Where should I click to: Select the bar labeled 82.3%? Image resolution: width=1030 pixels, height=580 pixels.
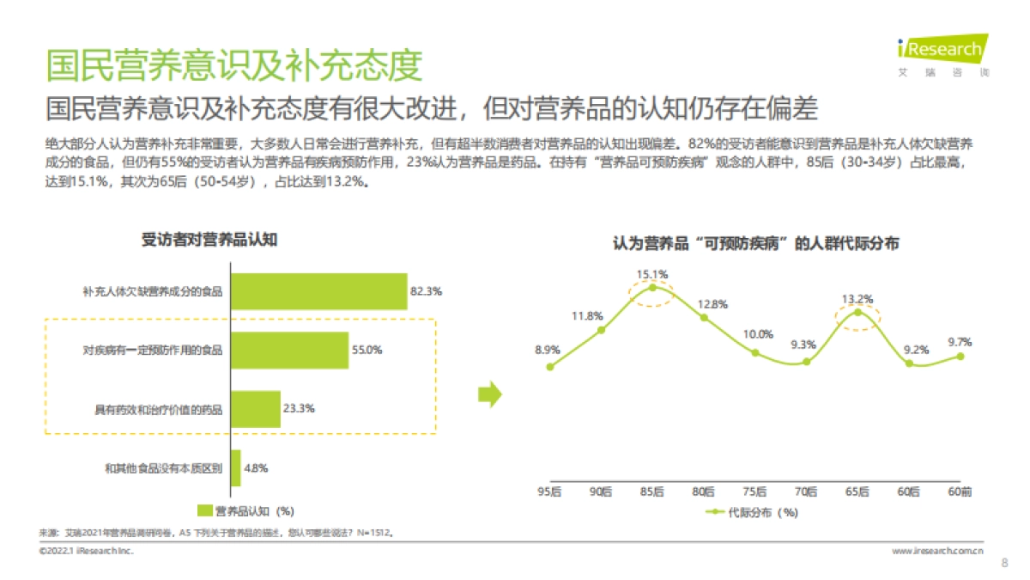[x=318, y=291]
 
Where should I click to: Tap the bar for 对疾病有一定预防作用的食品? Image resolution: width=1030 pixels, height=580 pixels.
[x=289, y=350]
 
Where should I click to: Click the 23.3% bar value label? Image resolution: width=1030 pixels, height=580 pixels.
[x=299, y=408]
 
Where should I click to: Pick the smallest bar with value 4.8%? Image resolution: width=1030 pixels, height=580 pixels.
[x=236, y=468]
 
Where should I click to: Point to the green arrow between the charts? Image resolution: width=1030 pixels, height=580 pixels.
[x=489, y=394]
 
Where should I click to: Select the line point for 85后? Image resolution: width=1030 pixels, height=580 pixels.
[x=652, y=288]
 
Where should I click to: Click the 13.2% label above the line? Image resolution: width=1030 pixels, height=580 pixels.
[x=857, y=299]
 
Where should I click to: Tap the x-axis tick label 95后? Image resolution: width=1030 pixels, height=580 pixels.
[x=549, y=491]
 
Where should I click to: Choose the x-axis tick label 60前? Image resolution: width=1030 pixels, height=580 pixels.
[x=960, y=491]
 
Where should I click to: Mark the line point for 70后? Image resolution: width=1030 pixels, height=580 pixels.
[x=806, y=362]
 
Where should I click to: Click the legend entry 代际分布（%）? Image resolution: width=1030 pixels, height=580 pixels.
[x=752, y=513]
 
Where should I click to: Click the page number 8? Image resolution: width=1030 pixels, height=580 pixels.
[x=1004, y=564]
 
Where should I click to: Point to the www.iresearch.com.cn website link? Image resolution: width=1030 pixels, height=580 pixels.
[x=938, y=550]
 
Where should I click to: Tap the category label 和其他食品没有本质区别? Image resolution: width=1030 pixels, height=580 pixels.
[x=163, y=468]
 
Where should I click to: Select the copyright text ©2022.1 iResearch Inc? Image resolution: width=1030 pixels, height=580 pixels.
[x=86, y=550]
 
